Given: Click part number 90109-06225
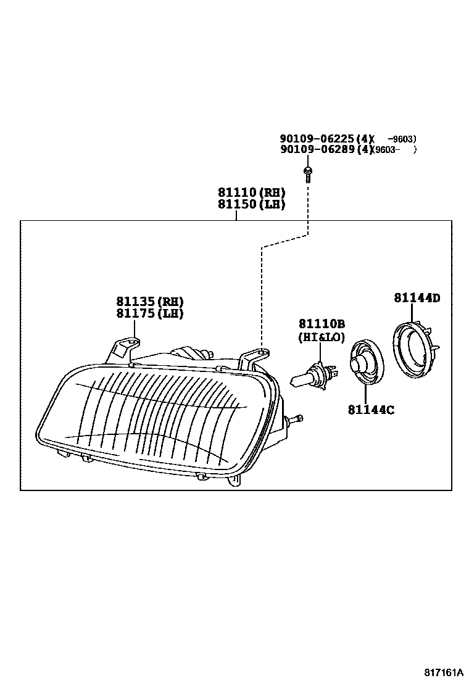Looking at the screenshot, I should pyautogui.click(x=318, y=139).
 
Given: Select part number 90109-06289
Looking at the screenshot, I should pyautogui.click(x=318, y=149).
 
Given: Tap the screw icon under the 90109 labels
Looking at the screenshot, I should pyautogui.click(x=307, y=172).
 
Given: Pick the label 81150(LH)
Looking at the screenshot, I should pyautogui.click(x=251, y=204).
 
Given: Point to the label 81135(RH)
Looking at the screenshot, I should pyautogui.click(x=150, y=302).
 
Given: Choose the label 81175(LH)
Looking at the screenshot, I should pyautogui.click(x=150, y=313).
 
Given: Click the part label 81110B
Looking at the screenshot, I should pyautogui.click(x=322, y=324).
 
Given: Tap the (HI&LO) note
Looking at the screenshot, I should pyautogui.click(x=321, y=337).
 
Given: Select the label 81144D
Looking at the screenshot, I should pyautogui.click(x=417, y=298).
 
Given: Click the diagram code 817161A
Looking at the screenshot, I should pyautogui.click(x=443, y=671).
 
